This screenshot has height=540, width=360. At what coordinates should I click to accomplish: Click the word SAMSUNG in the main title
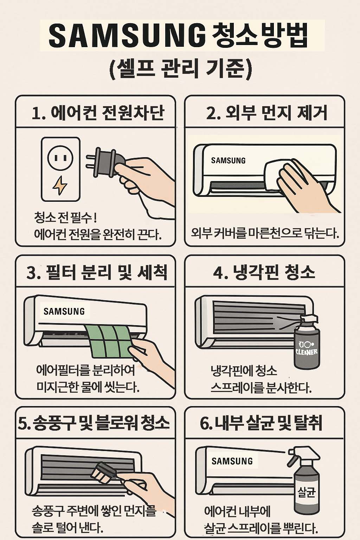pyautogui.click(x=127, y=36)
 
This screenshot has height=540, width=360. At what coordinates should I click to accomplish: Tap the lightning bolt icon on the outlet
pyautogui.click(x=60, y=185)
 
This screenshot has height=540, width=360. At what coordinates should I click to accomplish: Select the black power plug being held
pyautogui.click(x=104, y=162)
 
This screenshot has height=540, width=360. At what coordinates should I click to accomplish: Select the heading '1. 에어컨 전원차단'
pyautogui.click(x=98, y=113)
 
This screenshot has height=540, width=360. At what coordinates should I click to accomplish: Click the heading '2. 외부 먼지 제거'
pyautogui.click(x=266, y=113)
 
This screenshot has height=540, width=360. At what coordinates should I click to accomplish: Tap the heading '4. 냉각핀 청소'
pyautogui.click(x=264, y=272)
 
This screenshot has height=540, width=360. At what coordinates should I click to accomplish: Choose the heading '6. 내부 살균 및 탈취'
pyautogui.click(x=261, y=423)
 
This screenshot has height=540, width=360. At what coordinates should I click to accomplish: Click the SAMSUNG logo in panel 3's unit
pyautogui.click(x=64, y=311)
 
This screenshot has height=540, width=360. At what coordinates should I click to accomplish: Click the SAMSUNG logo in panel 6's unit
pyautogui.click(x=232, y=461)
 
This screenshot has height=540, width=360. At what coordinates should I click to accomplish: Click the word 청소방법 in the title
pyautogui.click(x=260, y=36)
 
